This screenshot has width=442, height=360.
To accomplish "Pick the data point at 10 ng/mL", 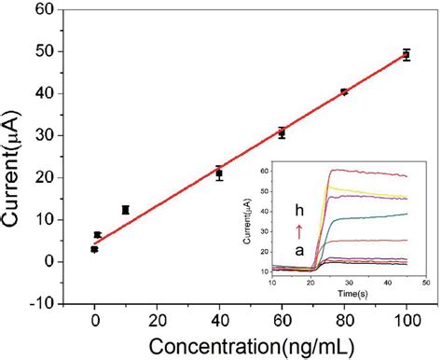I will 126,210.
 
